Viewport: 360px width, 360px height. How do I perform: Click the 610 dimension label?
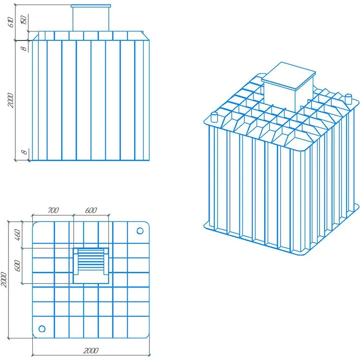11,22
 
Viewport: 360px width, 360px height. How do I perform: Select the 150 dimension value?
24,20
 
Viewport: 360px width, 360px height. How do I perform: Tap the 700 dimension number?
53,210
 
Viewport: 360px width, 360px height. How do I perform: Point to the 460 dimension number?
18,234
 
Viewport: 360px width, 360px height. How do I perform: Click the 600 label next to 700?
91,210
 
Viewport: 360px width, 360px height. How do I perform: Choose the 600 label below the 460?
18,265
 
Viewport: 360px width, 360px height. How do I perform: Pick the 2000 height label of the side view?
11,100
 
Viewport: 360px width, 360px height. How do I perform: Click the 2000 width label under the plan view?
91,351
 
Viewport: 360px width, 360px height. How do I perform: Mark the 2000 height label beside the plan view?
4,279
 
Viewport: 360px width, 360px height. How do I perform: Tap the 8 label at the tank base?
24,152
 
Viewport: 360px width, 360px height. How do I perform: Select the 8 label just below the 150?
24,49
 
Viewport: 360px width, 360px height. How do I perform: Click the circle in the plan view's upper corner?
140,231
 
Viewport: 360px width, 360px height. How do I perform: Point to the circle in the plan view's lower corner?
42,329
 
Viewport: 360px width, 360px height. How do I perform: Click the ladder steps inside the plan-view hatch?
91,260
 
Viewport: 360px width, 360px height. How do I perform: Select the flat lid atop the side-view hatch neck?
91,6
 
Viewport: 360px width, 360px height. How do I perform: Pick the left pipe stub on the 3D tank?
214,117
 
